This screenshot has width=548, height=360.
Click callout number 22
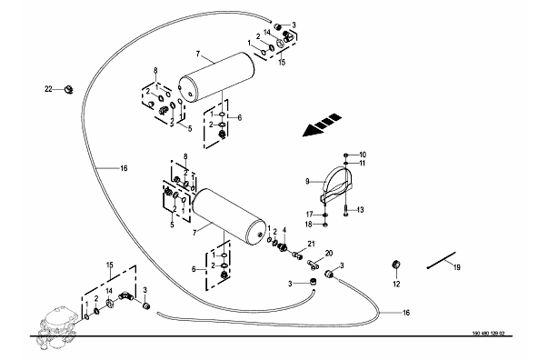[48, 89]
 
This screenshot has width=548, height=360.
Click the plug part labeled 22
[68, 90]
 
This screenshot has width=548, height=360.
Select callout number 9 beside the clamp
[307, 182]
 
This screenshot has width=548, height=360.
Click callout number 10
[363, 155]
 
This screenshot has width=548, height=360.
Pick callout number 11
[362, 164]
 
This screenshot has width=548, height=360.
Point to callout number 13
[360, 210]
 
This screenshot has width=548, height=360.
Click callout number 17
[310, 215]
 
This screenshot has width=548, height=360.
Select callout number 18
[308, 225]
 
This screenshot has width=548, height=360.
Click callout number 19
[457, 267]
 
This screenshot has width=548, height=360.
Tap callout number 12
[396, 285]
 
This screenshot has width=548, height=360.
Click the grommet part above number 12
[396, 265]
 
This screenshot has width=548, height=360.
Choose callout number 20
[329, 254]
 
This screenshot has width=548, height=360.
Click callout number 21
[311, 244]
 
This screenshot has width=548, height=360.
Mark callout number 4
[284, 230]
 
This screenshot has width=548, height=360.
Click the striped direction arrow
[322, 125]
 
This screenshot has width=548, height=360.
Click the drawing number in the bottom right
[488, 333]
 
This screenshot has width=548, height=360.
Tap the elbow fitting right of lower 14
[125, 296]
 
